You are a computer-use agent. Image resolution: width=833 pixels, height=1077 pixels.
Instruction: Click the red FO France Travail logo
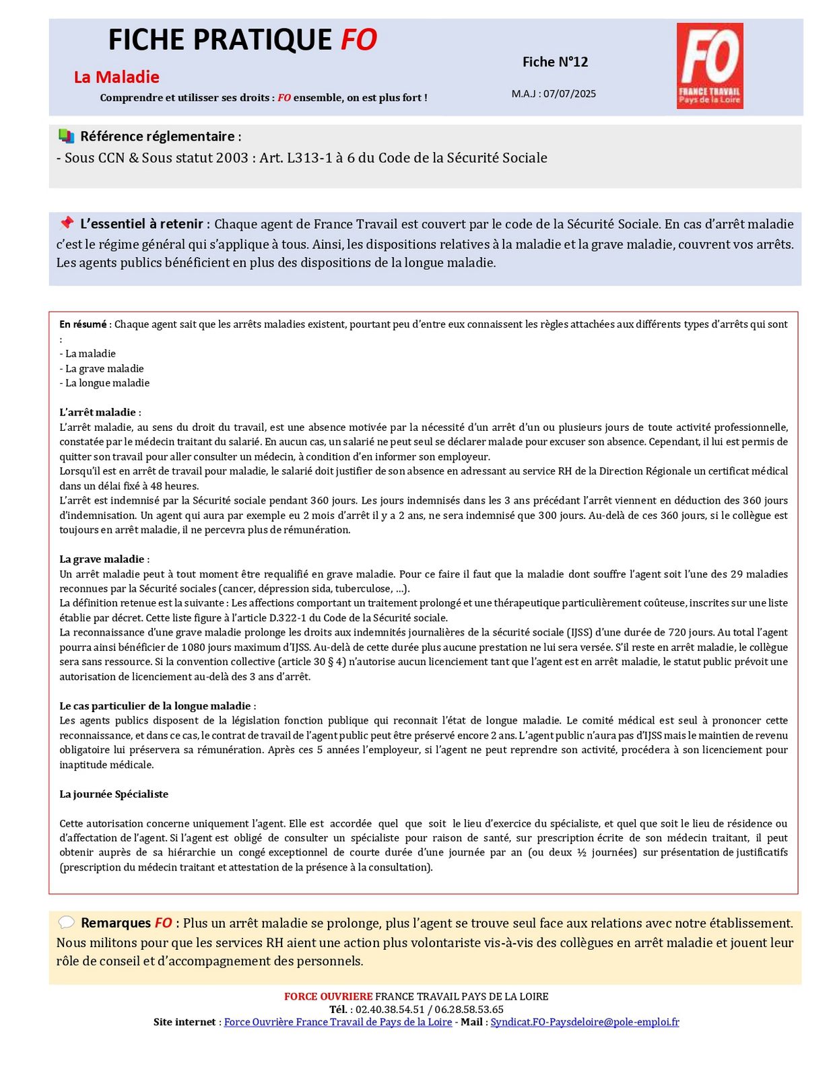[709, 65]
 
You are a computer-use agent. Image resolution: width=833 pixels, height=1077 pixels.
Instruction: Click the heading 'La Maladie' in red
[116, 77]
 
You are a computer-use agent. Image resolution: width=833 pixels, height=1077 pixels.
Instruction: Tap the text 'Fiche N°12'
[555, 62]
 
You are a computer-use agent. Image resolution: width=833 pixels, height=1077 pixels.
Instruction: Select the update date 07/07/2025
[569, 94]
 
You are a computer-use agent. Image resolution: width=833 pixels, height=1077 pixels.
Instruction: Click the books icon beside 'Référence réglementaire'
[66, 136]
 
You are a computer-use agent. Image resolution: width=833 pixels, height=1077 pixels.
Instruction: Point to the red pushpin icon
[66, 223]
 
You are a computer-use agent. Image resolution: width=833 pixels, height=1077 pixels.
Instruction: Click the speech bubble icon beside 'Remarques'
[66, 922]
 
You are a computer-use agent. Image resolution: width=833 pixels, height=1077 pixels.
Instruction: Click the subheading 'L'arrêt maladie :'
[100, 412]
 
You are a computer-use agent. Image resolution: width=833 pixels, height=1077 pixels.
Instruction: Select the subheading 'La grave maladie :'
[104, 559]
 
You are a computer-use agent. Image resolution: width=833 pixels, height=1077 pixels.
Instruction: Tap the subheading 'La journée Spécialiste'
[114, 794]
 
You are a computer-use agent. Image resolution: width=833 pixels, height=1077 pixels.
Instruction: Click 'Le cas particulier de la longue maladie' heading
[157, 705]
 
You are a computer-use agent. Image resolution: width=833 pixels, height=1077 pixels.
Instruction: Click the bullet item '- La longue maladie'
[104, 383]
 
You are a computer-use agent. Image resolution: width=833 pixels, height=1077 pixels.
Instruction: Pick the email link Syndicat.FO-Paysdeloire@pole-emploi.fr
[585, 1022]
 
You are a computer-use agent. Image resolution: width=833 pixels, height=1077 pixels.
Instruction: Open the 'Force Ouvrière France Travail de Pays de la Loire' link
[337, 1022]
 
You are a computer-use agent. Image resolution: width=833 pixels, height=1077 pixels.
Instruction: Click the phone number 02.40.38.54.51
[390, 1009]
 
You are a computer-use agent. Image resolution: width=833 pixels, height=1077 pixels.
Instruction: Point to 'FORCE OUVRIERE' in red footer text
[328, 996]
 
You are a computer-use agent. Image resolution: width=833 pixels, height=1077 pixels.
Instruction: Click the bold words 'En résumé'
[83, 324]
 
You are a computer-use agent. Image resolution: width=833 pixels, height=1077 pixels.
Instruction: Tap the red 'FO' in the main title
[358, 40]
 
